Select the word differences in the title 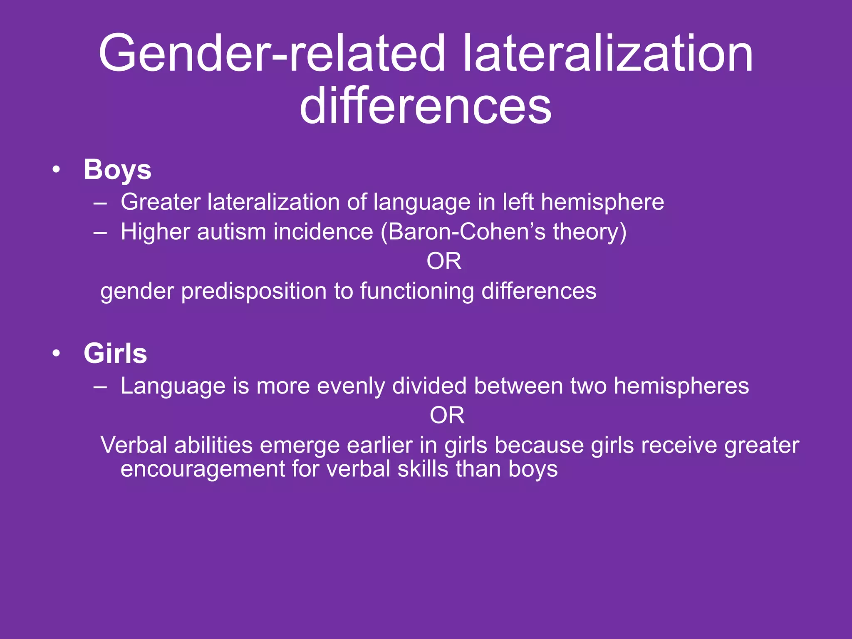426,106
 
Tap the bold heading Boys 117,170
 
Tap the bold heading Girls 115,354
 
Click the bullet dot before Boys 57,170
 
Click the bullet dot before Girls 57,354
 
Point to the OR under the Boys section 444,261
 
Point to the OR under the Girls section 447,415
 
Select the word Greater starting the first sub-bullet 161,202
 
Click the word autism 231,232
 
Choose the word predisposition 254,291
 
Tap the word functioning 417,291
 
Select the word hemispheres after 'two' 681,386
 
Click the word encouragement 203,469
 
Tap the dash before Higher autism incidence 100,232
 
